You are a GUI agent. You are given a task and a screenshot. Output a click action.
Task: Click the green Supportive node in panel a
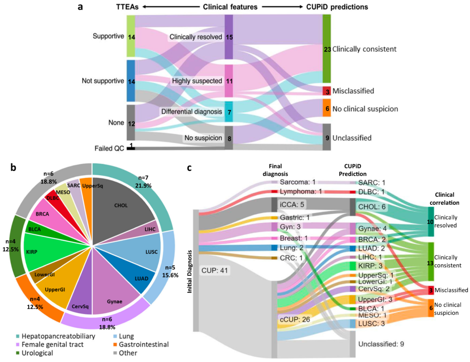tap(131, 37)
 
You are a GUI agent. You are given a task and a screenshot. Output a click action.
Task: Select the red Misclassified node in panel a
tap(326, 91)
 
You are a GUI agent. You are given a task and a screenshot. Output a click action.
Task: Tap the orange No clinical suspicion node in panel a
tap(326, 108)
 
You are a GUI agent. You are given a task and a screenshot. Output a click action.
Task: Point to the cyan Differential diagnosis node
tap(228, 112)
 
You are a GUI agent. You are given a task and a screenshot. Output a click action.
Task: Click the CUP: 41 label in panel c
tap(214, 270)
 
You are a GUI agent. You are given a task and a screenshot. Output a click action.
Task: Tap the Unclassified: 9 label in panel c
tap(381, 344)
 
